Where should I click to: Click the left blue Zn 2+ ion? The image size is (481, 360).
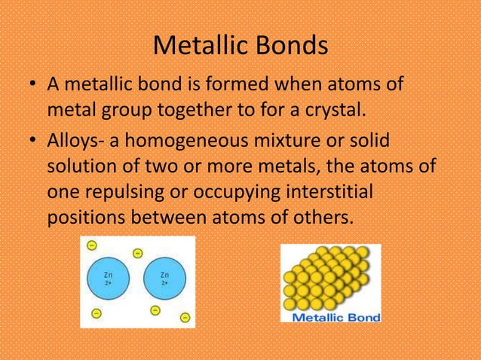click(x=109, y=279)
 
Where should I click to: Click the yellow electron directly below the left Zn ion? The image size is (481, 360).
click(x=96, y=313)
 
